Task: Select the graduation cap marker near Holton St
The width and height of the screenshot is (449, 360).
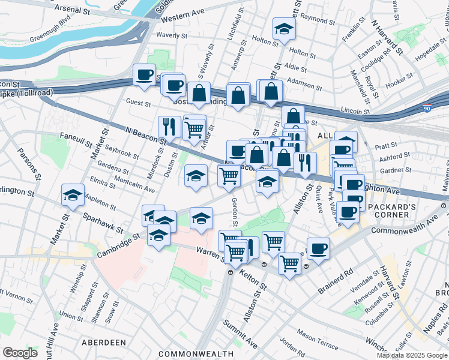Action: [x=284, y=28]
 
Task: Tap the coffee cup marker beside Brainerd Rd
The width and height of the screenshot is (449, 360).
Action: [x=318, y=248]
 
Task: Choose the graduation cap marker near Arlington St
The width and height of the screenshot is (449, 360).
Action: [x=73, y=195]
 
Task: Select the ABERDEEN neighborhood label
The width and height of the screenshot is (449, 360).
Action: [x=106, y=342]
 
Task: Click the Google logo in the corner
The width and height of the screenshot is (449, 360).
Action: [x=20, y=352]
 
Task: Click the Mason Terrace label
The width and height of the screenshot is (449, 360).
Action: [x=318, y=335]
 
